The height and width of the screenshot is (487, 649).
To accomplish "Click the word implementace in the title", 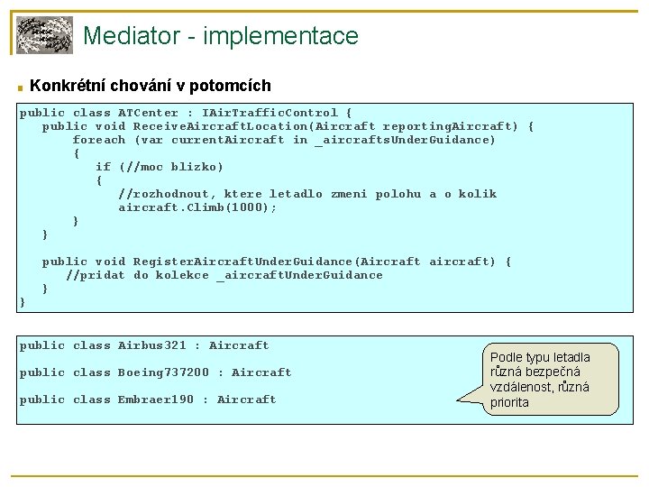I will [282, 37].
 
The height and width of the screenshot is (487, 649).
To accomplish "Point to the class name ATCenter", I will [148, 113].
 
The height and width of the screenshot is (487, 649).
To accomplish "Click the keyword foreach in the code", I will [98, 140].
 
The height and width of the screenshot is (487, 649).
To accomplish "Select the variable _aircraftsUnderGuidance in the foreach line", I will [406, 140].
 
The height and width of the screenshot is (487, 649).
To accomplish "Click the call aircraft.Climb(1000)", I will [197, 207].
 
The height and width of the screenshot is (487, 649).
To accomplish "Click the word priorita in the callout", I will [509, 402].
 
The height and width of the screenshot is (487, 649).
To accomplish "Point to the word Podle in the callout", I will [507, 356].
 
